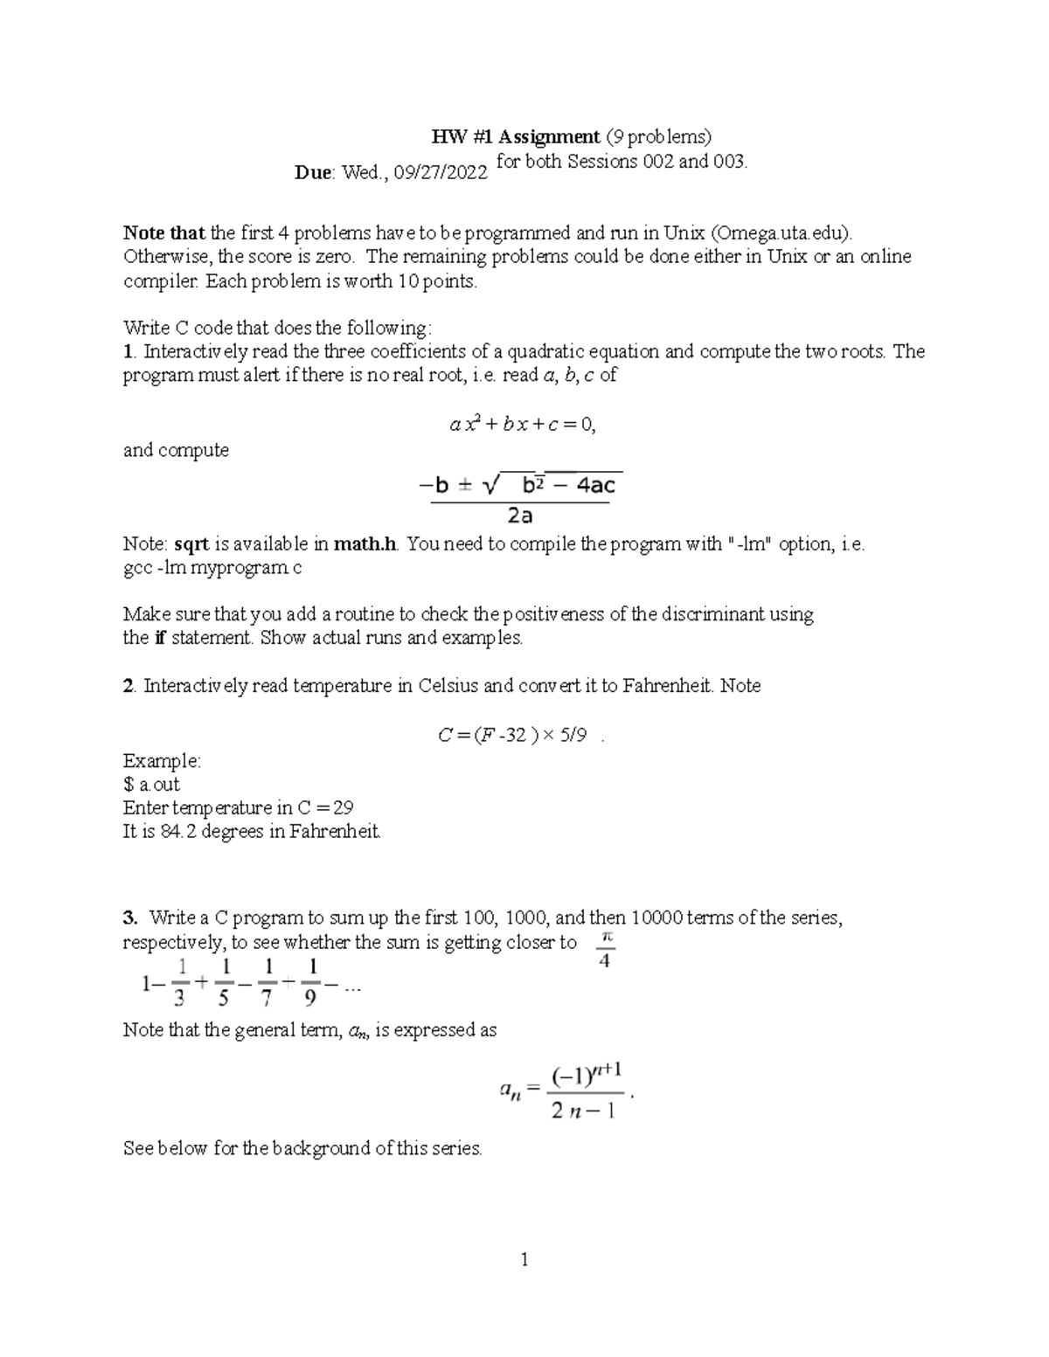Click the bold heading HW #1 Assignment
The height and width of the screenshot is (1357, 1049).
point(516,136)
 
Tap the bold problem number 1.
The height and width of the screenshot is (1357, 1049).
point(129,351)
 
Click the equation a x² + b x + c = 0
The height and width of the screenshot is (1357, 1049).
point(522,425)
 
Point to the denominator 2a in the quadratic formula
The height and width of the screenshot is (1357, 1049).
point(520,516)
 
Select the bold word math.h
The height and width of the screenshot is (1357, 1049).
point(366,543)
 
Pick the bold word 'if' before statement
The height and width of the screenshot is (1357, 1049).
point(159,638)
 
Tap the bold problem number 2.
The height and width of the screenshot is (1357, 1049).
point(129,686)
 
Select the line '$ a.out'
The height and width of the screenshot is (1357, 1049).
point(152,784)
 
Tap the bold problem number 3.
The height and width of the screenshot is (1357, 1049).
point(130,917)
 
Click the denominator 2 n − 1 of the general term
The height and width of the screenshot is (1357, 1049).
point(584,1111)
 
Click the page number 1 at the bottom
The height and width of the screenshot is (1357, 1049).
point(524,1259)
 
